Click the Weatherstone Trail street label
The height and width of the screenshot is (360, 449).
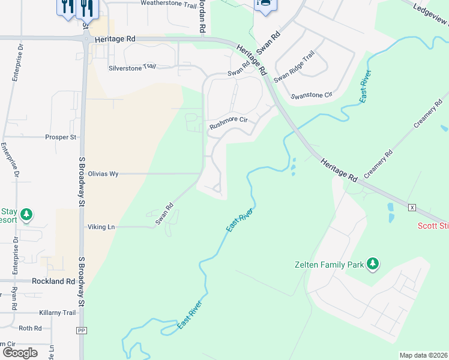pyautogui.click(x=169, y=4)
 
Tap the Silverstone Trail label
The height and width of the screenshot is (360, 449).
pyautogui.click(x=131, y=68)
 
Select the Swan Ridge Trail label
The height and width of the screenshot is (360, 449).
pyautogui.click(x=294, y=67)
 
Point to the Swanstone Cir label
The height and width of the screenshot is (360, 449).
pyautogui.click(x=311, y=95)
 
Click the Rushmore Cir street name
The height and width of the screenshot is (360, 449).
pyautogui.click(x=228, y=119)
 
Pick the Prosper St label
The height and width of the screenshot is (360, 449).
pyautogui.click(x=61, y=137)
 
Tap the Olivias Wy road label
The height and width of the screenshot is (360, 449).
pyautogui.click(x=103, y=173)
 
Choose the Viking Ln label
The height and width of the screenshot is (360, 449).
pyautogui.click(x=101, y=227)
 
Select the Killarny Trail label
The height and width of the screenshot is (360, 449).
pyautogui.click(x=58, y=313)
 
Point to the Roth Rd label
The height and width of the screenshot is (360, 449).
pyautogui.click(x=30, y=328)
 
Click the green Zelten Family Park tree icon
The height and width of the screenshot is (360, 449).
pyautogui.click(x=373, y=263)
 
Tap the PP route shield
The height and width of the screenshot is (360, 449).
pyautogui.click(x=82, y=331)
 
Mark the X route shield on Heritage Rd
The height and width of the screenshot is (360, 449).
pyautogui.click(x=412, y=207)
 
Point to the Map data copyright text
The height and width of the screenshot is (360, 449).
pyautogui.click(x=424, y=355)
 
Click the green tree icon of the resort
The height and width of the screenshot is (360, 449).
pyautogui.click(x=26, y=214)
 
